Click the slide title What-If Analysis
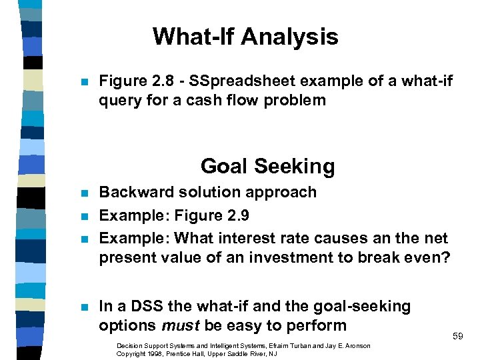(245, 37)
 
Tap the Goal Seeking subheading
(267, 165)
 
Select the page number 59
(457, 337)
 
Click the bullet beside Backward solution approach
(83, 193)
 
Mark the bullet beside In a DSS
(83, 307)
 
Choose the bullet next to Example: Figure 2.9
(83, 216)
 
